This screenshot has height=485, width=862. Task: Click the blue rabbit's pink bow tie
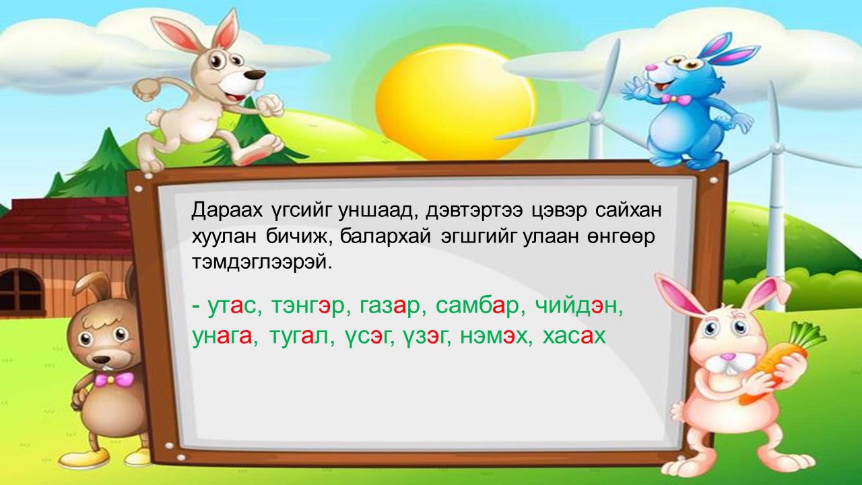[675, 99]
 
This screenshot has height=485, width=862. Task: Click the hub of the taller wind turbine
[596, 118]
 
